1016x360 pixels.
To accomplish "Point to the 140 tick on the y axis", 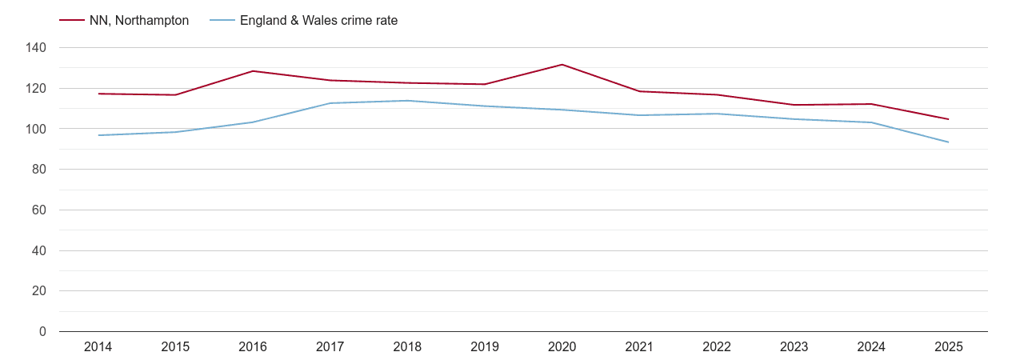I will coord(37,48).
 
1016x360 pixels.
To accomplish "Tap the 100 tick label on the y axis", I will coord(37,129).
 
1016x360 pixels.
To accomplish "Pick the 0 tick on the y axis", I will coord(43,332).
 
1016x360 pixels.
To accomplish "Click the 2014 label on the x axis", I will coord(98,347).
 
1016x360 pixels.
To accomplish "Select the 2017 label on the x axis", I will coord(330,347).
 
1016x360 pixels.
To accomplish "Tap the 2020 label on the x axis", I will coord(562,347).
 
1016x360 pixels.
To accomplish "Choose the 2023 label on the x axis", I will coord(794,347).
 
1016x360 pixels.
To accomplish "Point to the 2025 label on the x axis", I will coord(948,347).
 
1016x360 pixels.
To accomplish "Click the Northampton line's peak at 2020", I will coord(562,65).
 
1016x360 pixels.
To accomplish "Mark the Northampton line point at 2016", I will coord(253,71).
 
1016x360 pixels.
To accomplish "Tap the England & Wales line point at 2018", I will coord(407,101).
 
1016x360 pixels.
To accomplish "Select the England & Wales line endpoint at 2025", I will coord(948,142).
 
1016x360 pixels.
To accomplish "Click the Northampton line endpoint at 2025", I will coord(948,119).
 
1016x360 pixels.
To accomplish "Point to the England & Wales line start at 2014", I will coord(98,135).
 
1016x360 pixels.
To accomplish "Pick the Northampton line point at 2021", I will coord(639,91).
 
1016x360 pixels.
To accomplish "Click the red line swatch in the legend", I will coord(71,21).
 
